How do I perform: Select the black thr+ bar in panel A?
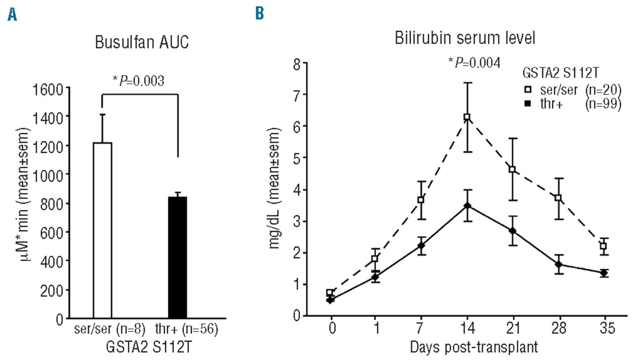tap(177, 257)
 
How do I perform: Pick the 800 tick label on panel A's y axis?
tap(54, 203)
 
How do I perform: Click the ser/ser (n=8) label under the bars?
tap(107, 329)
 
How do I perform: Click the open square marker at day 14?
tap(466, 117)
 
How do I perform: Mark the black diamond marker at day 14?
tap(466, 205)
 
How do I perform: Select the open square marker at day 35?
tap(603, 246)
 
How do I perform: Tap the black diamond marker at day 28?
tap(558, 265)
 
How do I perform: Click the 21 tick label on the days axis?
tap(512, 329)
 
